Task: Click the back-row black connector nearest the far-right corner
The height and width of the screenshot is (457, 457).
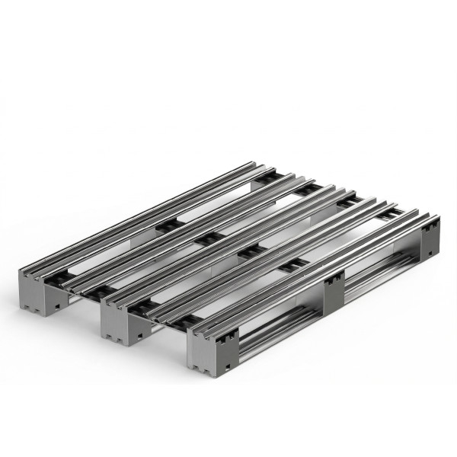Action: point(388,216)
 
